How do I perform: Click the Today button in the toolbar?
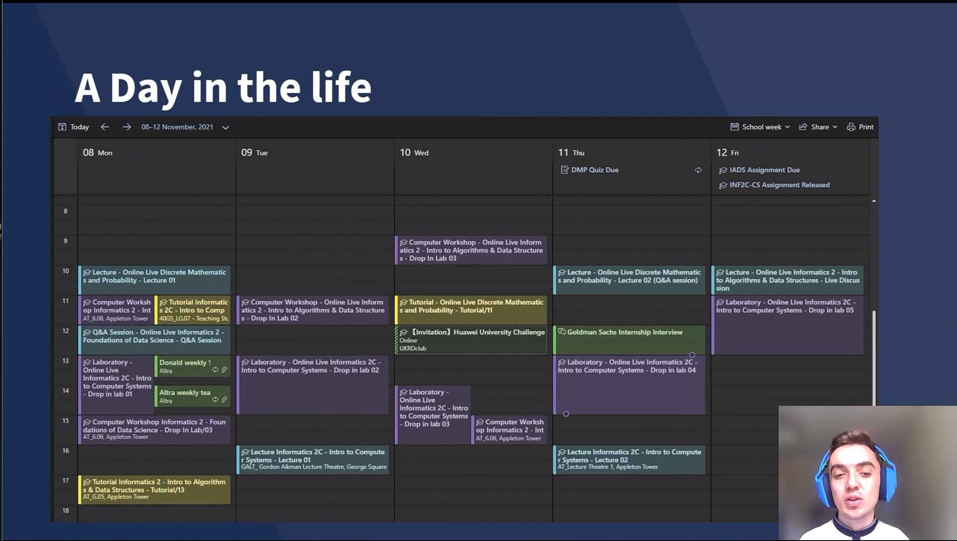(x=73, y=127)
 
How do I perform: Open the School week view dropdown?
(x=760, y=127)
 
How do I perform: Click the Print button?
(x=860, y=127)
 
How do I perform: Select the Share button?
(x=818, y=127)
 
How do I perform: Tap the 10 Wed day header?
(x=414, y=153)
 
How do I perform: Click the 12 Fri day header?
(x=727, y=153)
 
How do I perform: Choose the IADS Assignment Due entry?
(x=759, y=170)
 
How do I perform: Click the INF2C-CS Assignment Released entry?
(x=774, y=185)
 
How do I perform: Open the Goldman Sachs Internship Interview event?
(x=629, y=340)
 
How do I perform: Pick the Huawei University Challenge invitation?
(x=471, y=340)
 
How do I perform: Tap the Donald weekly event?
(x=193, y=366)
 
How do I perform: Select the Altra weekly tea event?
(x=193, y=396)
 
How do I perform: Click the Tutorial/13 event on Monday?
(x=154, y=489)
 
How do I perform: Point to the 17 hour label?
(x=65, y=481)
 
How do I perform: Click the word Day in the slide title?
(x=146, y=88)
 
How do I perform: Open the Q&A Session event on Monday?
(x=154, y=340)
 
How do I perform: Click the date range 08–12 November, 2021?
(x=177, y=127)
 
